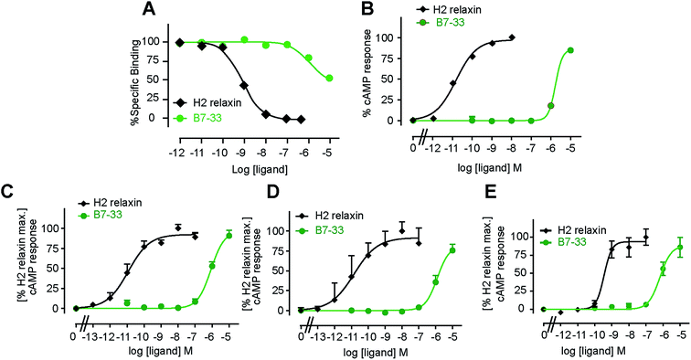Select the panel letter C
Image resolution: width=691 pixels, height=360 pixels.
(x=8, y=193)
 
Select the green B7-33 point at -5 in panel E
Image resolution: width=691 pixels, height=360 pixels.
(x=679, y=248)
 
